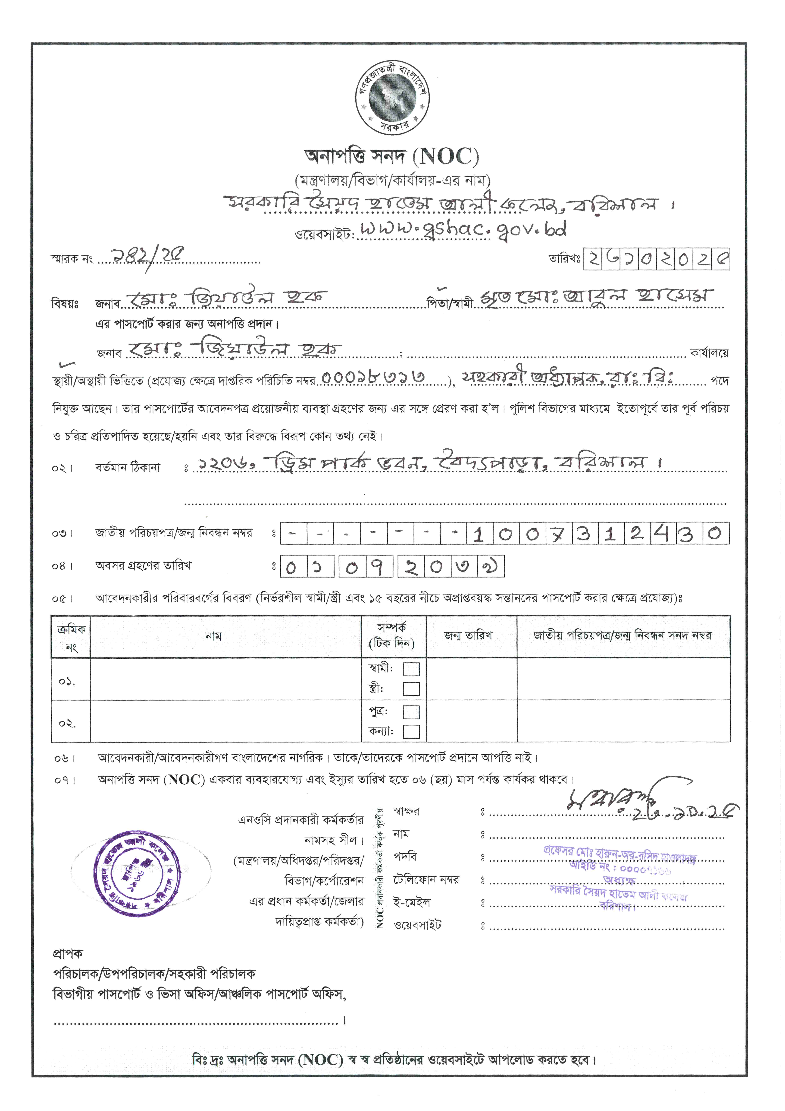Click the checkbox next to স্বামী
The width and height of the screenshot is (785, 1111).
coord(411,669)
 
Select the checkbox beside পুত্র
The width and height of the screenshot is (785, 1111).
coord(411,712)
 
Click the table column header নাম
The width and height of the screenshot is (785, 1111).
coord(213,636)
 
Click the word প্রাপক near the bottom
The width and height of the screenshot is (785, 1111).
coord(68,953)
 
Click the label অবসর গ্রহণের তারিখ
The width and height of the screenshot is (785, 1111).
coord(143,565)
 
